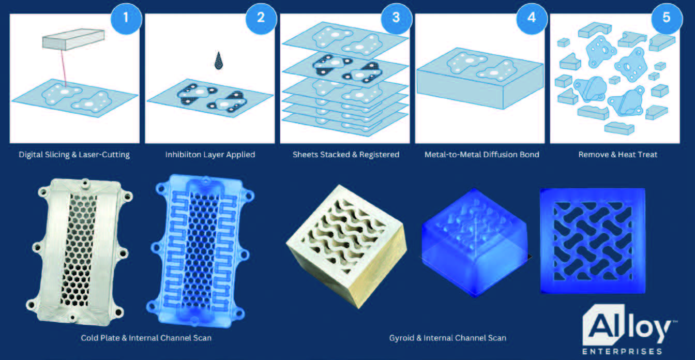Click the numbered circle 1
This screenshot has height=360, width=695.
(x=126, y=18)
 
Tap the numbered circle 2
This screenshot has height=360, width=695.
(x=261, y=18)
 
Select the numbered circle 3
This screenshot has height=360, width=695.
(x=396, y=18)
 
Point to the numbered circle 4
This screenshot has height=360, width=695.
(x=532, y=18)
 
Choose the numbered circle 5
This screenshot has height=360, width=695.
(x=667, y=18)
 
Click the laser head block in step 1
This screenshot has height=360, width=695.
(x=73, y=39)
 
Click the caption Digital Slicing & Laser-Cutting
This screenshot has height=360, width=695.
(x=74, y=155)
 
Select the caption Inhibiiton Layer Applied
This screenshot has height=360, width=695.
(x=210, y=155)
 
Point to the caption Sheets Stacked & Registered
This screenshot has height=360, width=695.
(x=346, y=155)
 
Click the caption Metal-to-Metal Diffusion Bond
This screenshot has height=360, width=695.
(x=482, y=155)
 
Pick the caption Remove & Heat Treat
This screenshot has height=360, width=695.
(x=618, y=155)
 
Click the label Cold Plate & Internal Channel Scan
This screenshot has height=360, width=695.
(x=146, y=338)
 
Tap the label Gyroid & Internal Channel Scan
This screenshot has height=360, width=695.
(x=448, y=338)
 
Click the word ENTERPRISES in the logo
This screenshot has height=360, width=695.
(x=623, y=352)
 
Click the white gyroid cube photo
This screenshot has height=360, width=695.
(x=346, y=247)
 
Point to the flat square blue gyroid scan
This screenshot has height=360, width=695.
(x=593, y=241)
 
